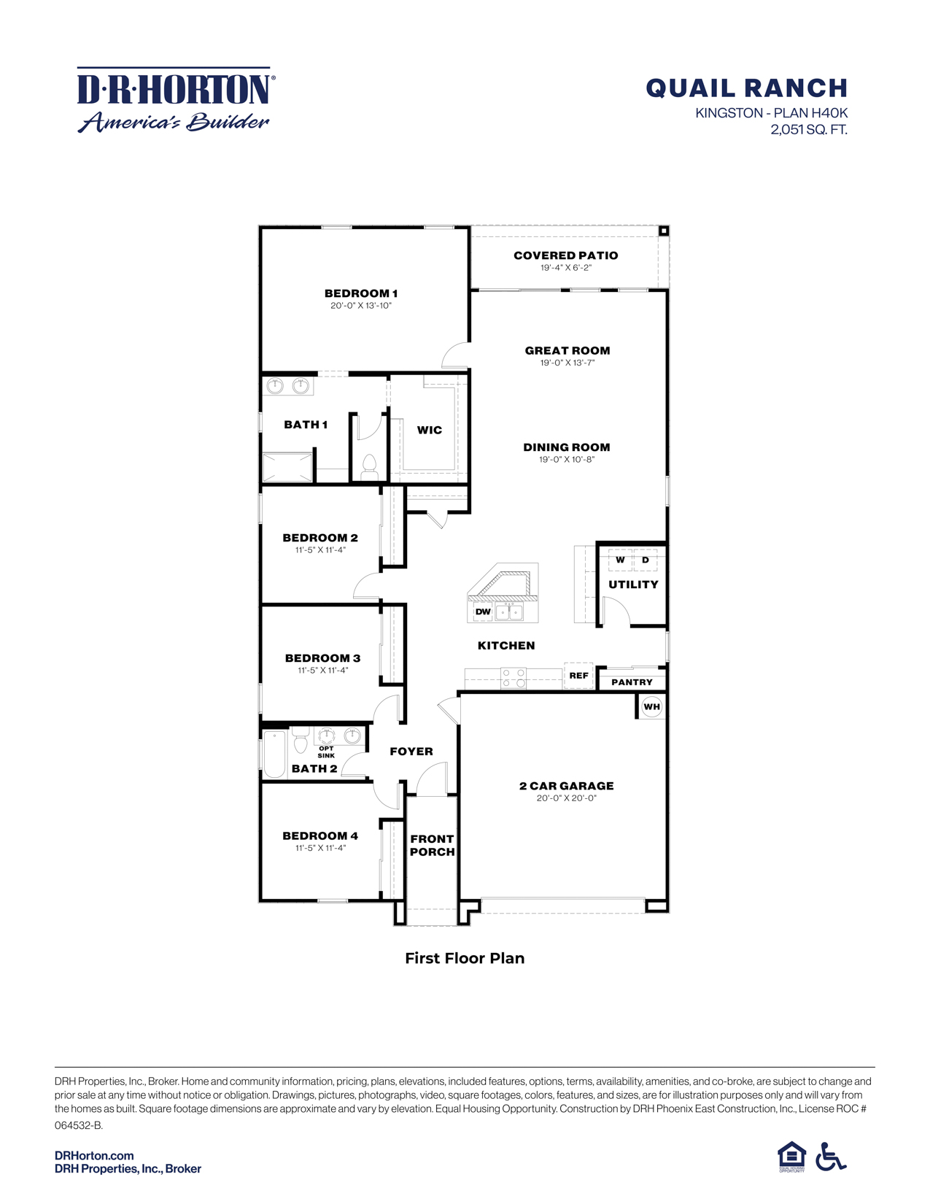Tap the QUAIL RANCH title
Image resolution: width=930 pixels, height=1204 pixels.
(746, 88)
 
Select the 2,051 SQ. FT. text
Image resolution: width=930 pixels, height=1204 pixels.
(808, 130)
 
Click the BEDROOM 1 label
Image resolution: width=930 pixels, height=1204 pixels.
(361, 293)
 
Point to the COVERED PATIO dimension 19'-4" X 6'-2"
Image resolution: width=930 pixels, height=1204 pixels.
(565, 268)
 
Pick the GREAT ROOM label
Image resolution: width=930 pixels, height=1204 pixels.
(567, 350)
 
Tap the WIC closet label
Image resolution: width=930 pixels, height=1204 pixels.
(429, 430)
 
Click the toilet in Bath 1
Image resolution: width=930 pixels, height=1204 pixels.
(369, 466)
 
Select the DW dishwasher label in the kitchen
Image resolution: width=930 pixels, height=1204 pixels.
(483, 611)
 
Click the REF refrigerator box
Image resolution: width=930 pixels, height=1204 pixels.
(578, 676)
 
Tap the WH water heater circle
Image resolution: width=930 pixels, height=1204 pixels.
(651, 706)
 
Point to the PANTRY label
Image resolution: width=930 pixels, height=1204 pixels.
(632, 682)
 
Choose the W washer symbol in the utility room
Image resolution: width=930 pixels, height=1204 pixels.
(620, 560)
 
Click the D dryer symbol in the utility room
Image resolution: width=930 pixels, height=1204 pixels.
(646, 560)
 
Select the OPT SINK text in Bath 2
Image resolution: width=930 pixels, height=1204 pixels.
(326, 752)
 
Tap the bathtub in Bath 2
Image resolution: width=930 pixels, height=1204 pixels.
(275, 754)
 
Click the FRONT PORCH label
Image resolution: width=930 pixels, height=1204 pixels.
(432, 845)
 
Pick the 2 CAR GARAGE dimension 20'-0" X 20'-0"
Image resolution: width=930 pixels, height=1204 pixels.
(566, 798)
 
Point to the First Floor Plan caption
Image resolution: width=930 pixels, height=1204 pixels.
(465, 958)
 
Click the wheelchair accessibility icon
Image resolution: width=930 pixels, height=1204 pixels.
(830, 1157)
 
